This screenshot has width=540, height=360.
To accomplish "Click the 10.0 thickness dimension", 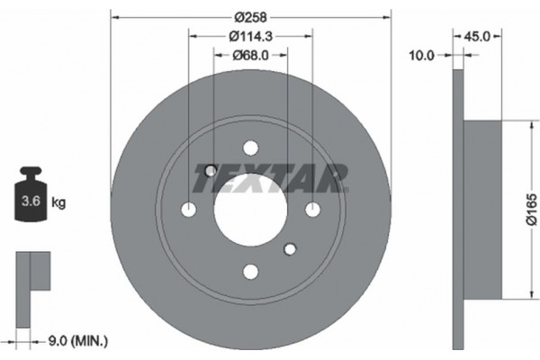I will click(421, 55).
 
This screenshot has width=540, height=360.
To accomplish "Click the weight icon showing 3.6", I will click(30, 198).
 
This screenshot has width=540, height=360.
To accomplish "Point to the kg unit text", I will click(59, 203).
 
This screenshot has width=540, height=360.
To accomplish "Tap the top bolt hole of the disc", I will click(250, 148).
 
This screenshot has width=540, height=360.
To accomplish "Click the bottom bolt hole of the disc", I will click(250, 271).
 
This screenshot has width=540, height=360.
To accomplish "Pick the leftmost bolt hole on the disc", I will click(189, 210).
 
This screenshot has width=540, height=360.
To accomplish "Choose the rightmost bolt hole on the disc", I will click(312, 210).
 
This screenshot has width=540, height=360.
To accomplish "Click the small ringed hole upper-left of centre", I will click(211, 171).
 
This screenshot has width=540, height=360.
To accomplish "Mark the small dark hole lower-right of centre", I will click(290, 248).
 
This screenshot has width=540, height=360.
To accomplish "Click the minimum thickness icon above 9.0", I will click(33, 280).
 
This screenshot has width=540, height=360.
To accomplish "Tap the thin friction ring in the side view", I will click(458, 209).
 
